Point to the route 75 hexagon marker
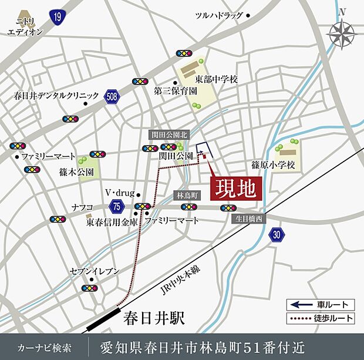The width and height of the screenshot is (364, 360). click(x=116, y=206)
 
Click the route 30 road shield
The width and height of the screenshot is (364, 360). click(x=277, y=235)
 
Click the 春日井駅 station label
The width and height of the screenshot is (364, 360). click(x=155, y=318)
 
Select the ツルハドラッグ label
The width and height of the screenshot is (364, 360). click(x=218, y=16)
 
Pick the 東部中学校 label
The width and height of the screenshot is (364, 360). click(x=217, y=79)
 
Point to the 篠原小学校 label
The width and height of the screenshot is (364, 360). click(x=273, y=165)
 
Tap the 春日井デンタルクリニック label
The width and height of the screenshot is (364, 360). click(x=49, y=95)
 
